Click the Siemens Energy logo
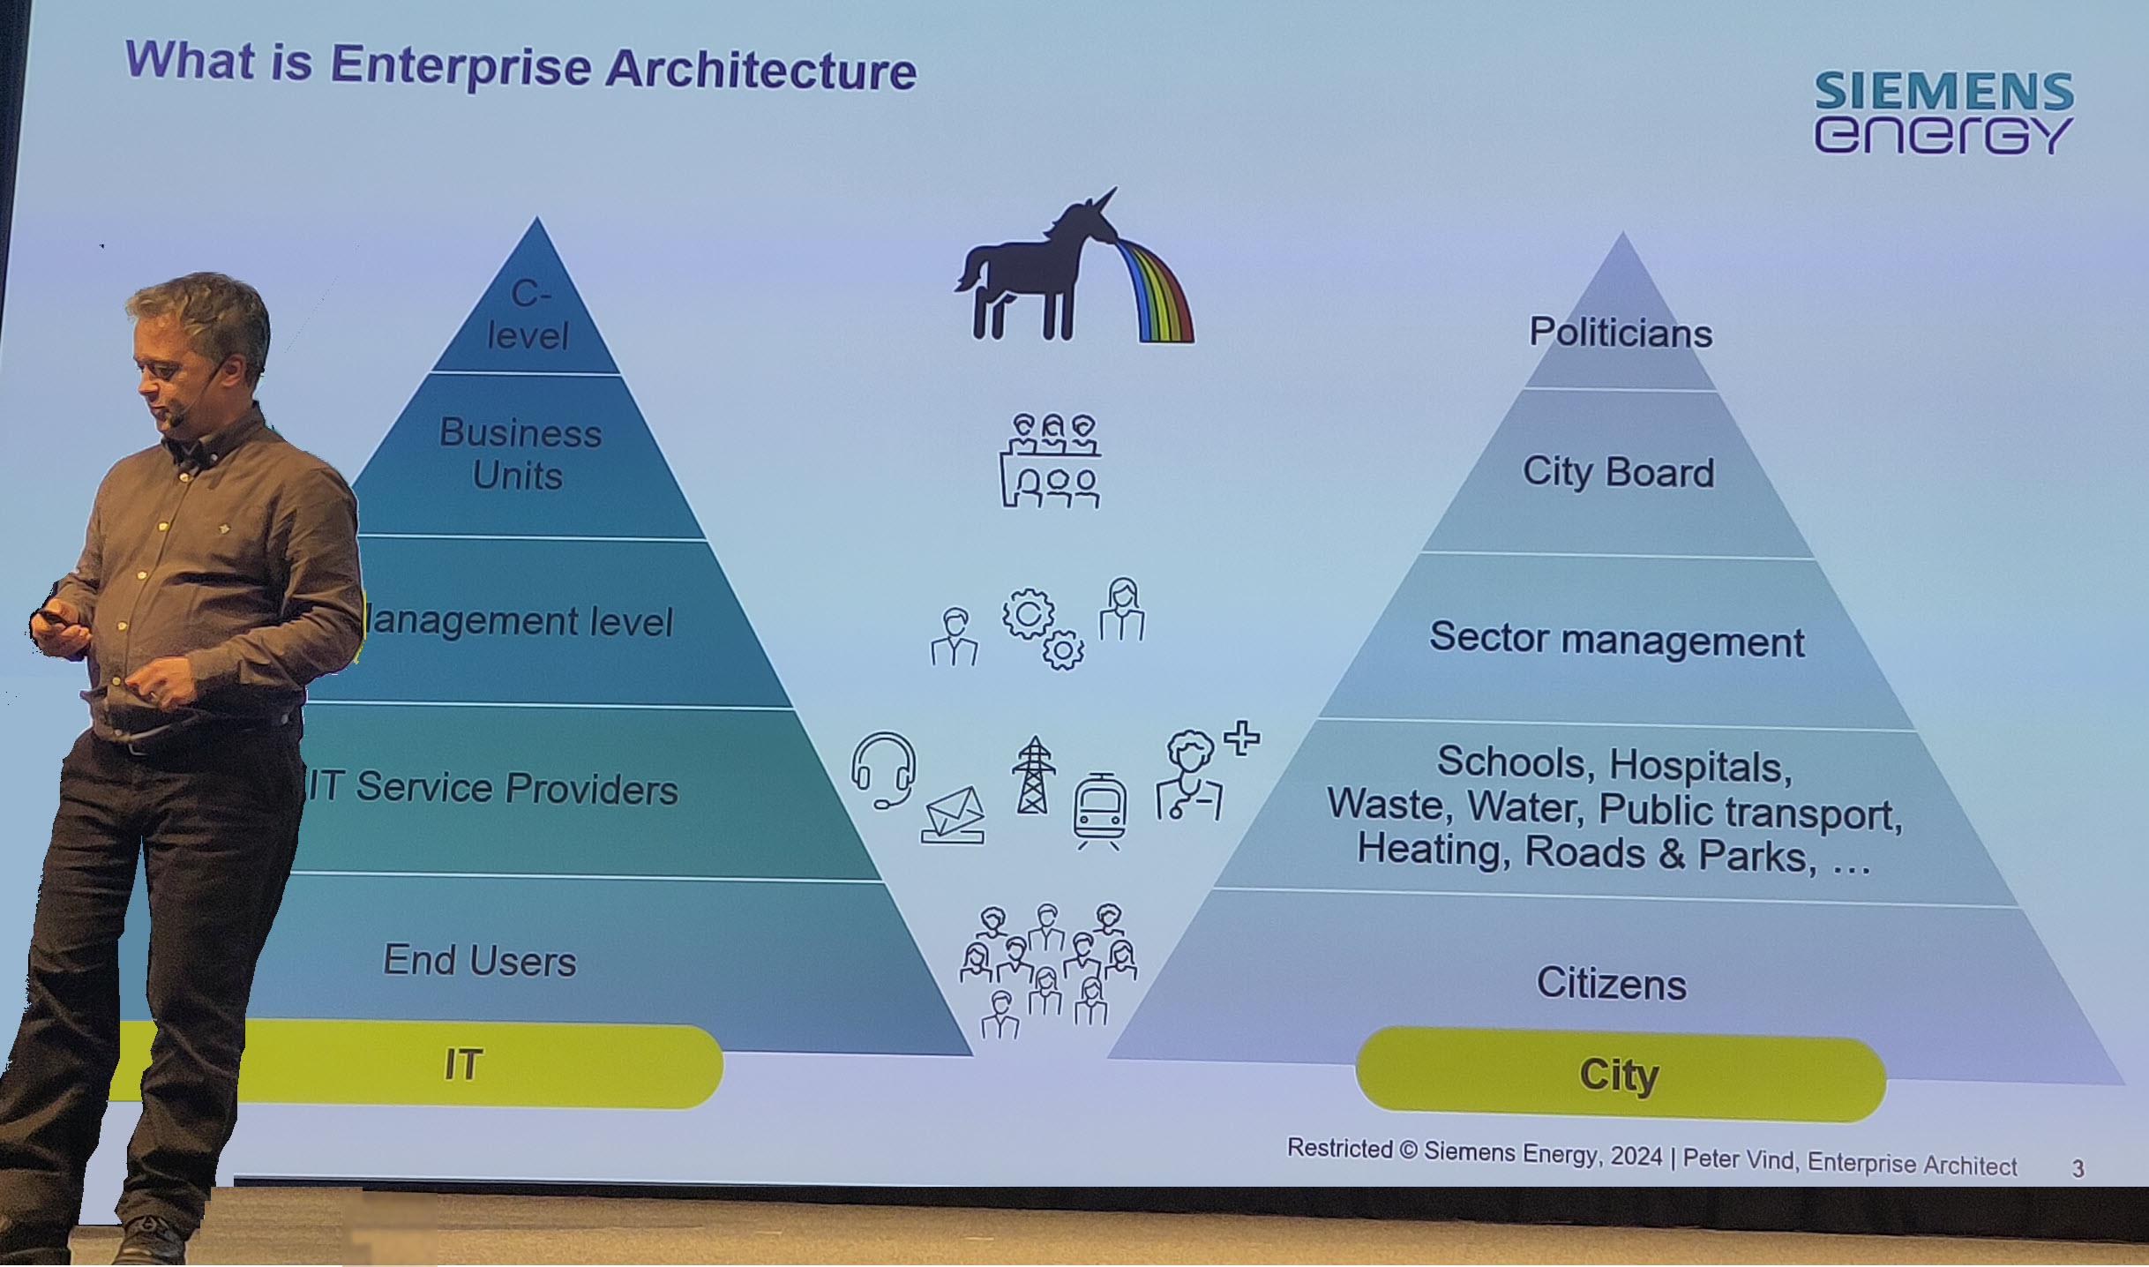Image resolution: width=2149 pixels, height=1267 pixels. (1943, 113)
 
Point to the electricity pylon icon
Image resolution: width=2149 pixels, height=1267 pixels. (1033, 776)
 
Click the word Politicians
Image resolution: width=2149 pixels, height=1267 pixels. (1621, 334)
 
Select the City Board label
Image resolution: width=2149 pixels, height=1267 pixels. (1618, 472)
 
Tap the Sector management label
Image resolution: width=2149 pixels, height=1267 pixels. (1616, 639)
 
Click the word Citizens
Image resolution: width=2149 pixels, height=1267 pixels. (1611, 983)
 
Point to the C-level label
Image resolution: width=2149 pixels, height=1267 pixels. (529, 314)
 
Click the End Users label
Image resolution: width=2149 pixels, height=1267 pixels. (479, 960)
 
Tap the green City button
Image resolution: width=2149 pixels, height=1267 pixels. (1620, 1075)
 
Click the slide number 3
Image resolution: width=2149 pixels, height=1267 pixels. (2078, 1169)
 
